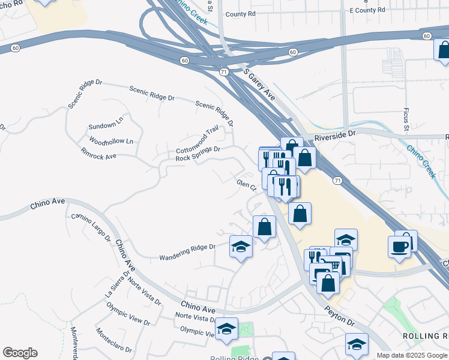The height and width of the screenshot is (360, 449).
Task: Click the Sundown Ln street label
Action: point(106,127)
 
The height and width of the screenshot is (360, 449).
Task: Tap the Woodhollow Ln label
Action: point(111,141)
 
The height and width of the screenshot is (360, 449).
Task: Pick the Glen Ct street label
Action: point(246,185)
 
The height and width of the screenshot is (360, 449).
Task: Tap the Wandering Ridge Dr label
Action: point(187,253)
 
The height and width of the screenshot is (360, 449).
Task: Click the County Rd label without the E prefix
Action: point(241,14)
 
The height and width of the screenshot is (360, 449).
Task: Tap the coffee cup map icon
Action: point(400,246)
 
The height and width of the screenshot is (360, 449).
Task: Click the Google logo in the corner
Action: point(20,353)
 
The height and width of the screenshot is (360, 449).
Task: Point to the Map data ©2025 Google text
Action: point(412,355)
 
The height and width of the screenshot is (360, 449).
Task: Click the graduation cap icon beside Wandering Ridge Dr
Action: point(241,247)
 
